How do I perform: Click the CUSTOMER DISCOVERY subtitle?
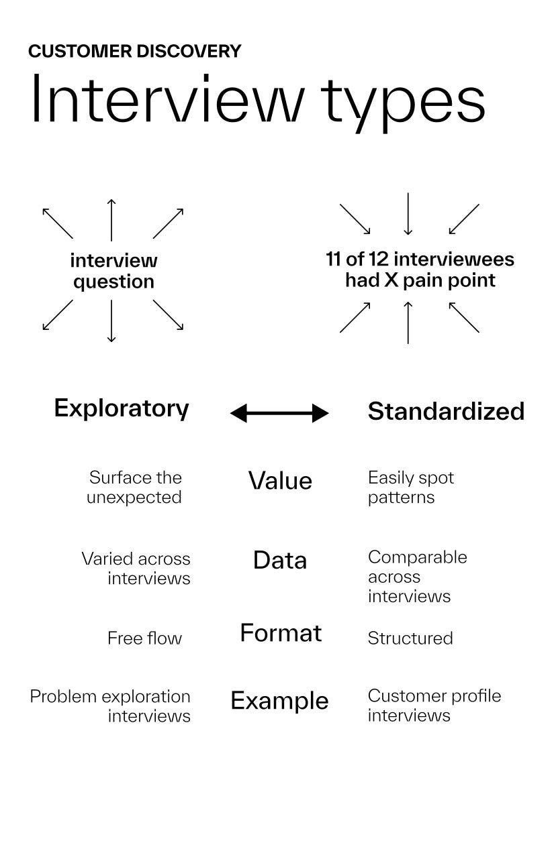pos(134,52)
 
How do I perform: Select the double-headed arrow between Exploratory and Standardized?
pos(279,413)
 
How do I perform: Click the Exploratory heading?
pos(122,408)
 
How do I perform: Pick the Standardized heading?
pos(446,411)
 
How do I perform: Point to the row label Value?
pos(280,481)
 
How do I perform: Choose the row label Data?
pos(280,560)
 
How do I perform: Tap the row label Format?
pos(281,633)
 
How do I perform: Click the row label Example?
pos(279,701)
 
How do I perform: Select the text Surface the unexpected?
pos(135,488)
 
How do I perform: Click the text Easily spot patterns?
pos(410,488)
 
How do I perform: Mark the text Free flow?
pos(144,638)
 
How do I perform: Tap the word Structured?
pos(410,638)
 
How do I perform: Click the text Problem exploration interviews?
pos(111,706)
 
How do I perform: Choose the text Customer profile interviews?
pos(434,705)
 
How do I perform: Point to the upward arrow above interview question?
pos(111,219)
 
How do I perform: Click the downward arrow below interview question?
pos(111,321)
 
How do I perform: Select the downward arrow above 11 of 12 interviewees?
pos(408,214)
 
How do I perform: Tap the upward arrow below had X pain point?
pos(408,323)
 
